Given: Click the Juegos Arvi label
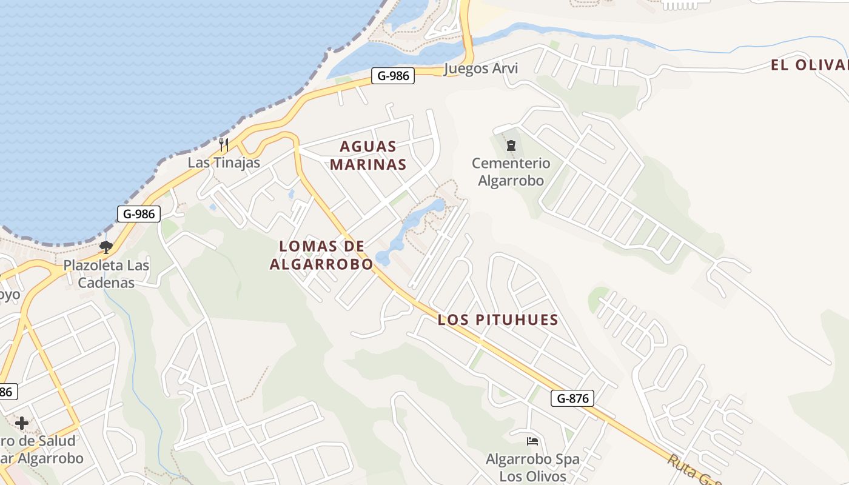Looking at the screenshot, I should [481, 68].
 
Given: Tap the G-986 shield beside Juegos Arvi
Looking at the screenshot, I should [393, 76].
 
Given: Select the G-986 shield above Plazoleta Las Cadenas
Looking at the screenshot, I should [139, 213].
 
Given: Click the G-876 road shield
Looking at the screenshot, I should [572, 398].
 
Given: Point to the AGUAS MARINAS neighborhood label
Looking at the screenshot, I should [368, 155].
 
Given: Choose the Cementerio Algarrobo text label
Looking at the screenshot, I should [511, 172].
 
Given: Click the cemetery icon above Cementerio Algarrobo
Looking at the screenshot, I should [511, 145].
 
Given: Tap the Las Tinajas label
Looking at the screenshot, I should [224, 162].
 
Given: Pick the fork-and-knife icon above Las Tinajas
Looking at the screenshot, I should [224, 144].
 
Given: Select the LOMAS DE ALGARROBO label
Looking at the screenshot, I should [321, 255].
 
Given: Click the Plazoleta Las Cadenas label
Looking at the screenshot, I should [107, 274].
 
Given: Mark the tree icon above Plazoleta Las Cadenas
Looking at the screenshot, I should [106, 247].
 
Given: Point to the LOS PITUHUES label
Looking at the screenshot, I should [498, 320].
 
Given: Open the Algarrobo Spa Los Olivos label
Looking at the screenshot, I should [532, 467].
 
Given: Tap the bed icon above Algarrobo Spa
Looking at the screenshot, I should [532, 441].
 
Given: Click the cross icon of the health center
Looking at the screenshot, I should [22, 423].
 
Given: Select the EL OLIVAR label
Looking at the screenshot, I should [809, 65].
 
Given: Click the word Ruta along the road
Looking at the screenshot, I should [682, 464].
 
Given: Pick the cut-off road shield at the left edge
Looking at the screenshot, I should [5, 392].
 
